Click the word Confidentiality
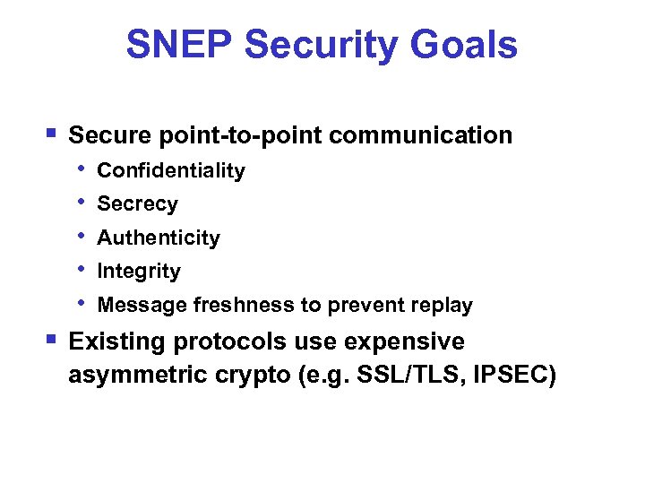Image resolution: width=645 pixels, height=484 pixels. (x=171, y=170)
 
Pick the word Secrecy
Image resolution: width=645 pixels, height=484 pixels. (x=137, y=204)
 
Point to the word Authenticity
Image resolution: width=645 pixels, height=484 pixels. (x=159, y=238)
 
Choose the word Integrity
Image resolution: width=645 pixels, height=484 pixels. (x=139, y=271)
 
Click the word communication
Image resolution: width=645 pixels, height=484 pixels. (x=420, y=135)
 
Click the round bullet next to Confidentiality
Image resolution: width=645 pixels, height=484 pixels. (x=82, y=169)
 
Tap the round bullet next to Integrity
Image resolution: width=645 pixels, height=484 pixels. (x=82, y=269)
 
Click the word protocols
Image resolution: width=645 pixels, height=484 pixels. (x=229, y=342)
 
